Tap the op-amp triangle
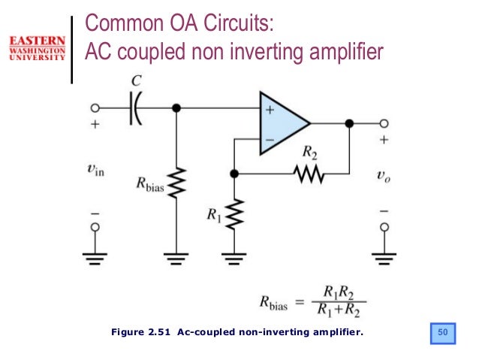(x=282, y=123)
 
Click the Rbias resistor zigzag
(x=177, y=182)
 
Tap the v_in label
(x=95, y=171)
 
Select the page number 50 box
(x=443, y=331)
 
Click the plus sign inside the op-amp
(x=269, y=110)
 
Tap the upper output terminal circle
(x=384, y=123)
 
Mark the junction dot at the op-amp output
(x=349, y=123)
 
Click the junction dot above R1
(x=234, y=174)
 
